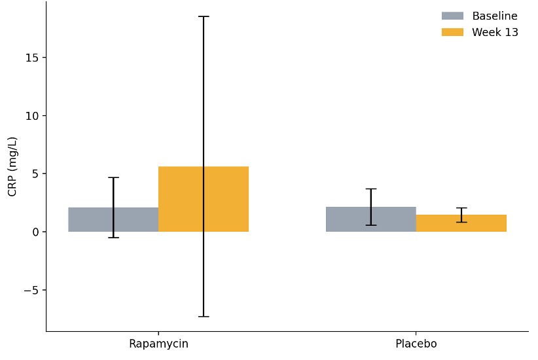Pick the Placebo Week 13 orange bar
click(484, 223)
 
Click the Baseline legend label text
click(495, 16)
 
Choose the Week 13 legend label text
click(495, 33)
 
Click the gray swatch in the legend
click(452, 16)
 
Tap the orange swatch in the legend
click(452, 33)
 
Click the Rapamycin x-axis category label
click(158, 344)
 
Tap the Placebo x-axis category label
click(416, 344)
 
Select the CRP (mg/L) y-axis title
click(12, 166)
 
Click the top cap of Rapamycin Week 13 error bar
click(204, 16)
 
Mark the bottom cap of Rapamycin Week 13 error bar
click(204, 317)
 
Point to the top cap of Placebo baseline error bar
click(371, 189)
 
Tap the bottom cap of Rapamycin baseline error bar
click(113, 238)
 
